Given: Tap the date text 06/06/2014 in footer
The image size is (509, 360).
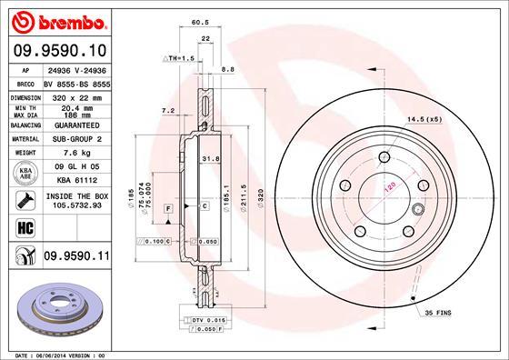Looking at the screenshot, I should coord(49,354).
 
